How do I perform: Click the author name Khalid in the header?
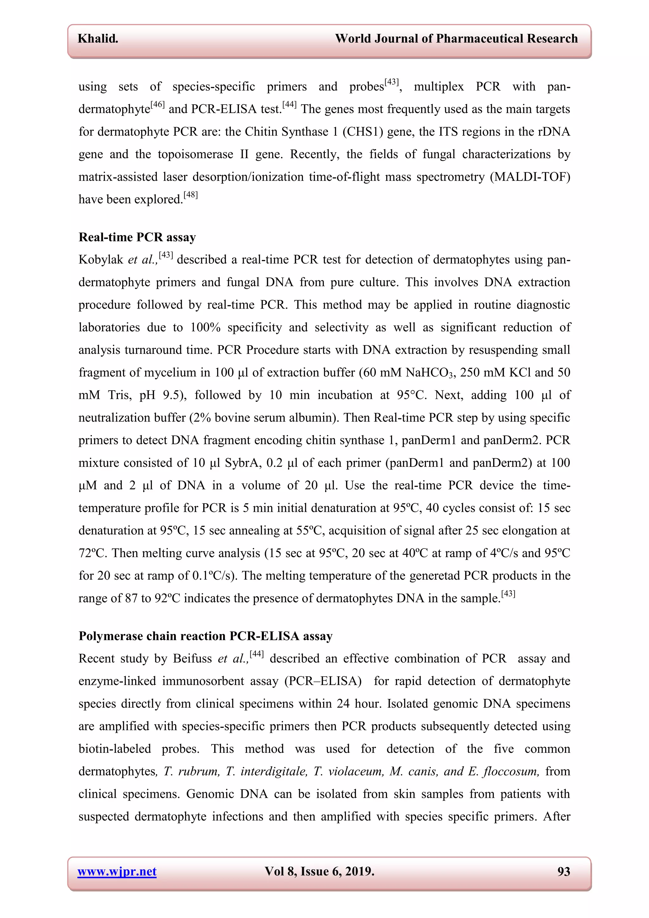tap(98, 38)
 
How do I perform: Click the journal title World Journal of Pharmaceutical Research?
tap(456, 38)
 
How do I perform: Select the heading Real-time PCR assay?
tap(137, 237)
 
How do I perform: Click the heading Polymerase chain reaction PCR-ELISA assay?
tap(205, 636)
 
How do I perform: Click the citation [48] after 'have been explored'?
tap(191, 196)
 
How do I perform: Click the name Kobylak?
tap(101, 260)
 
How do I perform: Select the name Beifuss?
tap(192, 659)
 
